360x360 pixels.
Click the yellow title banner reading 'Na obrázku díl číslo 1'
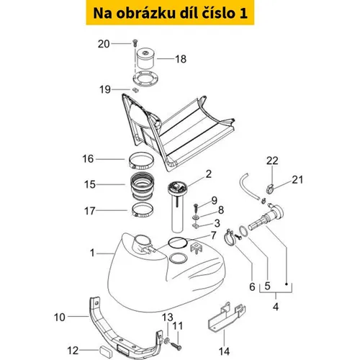tap(170, 12)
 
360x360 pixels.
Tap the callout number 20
tap(104, 44)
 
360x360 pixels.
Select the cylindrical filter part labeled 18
tap(145, 59)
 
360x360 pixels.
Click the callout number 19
tap(105, 89)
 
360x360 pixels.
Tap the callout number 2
tap(209, 174)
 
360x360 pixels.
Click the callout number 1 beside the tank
tap(92, 253)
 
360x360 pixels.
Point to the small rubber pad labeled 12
tap(106, 350)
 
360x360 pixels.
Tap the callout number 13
tap(167, 318)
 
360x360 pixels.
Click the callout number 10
tap(60, 318)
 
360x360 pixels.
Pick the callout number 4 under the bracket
tap(276, 307)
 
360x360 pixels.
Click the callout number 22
tap(272, 161)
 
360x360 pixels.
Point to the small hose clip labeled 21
tap(271, 189)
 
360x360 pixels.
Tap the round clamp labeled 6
tap(230, 238)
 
